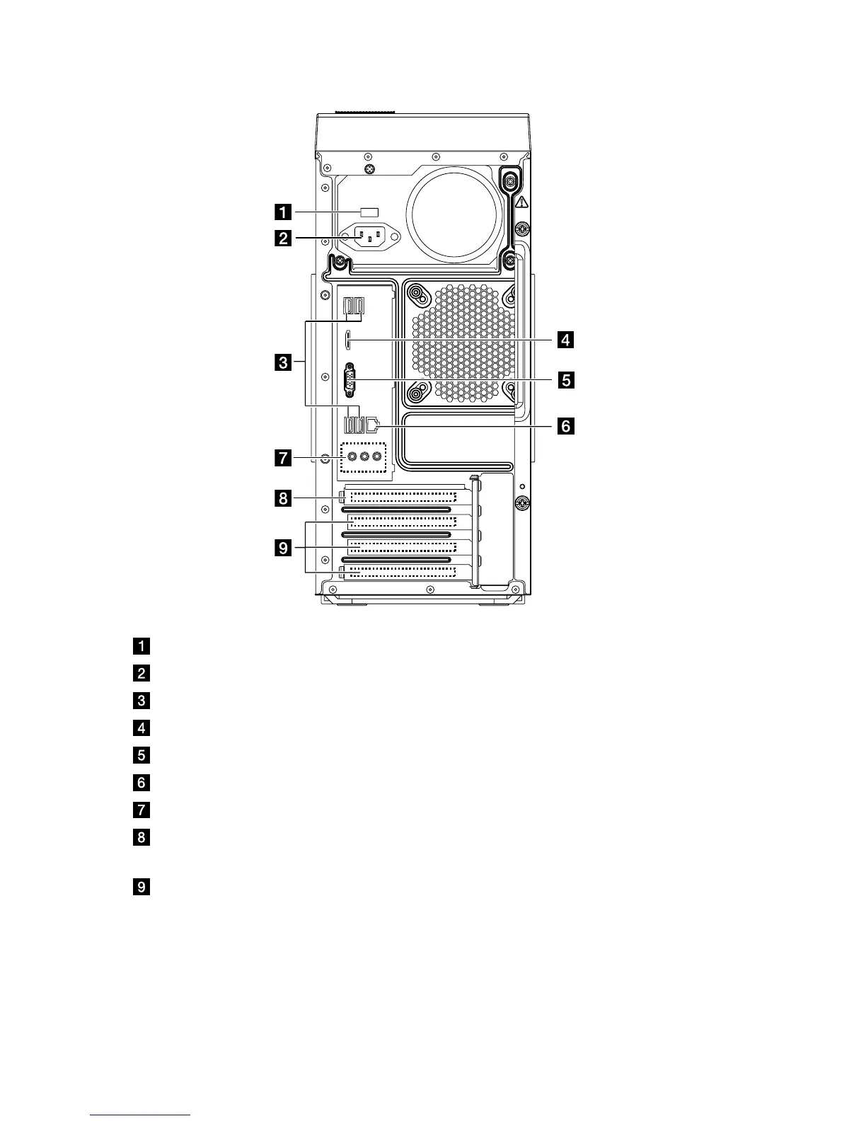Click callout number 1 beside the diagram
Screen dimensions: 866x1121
tap(282, 212)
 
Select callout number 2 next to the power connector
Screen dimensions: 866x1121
tap(282, 238)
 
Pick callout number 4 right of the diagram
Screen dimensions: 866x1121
tap(565, 340)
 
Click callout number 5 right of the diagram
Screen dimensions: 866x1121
tap(565, 380)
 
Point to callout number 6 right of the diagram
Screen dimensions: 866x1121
tap(565, 426)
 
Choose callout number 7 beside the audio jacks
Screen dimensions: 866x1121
tap(282, 458)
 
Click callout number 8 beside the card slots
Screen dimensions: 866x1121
tap(282, 499)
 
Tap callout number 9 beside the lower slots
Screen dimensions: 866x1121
tap(282, 548)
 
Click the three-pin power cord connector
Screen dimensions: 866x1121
tap(370, 238)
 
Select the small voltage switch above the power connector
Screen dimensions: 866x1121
tap(370, 212)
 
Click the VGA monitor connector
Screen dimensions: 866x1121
tap(350, 381)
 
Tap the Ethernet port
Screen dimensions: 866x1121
tap(373, 425)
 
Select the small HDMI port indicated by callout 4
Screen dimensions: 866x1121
tap(347, 340)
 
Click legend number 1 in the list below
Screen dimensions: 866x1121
tap(142, 646)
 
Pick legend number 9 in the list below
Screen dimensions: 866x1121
tap(142, 887)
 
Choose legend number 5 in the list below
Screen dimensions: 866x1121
tap(142, 755)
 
